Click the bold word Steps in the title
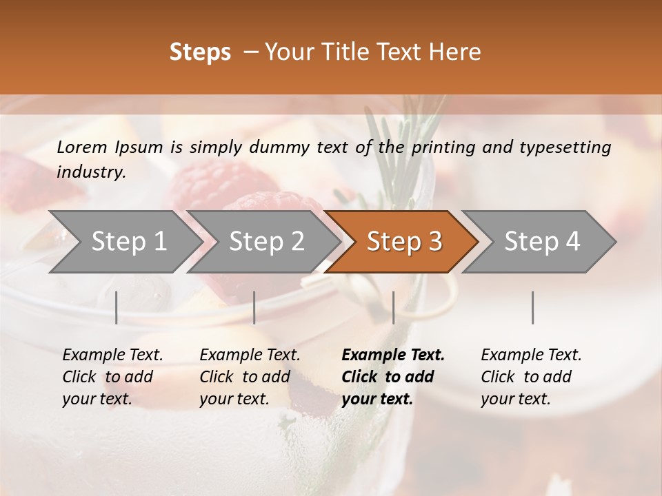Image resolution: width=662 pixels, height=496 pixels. [200, 52]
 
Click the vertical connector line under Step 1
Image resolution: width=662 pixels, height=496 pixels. [117, 307]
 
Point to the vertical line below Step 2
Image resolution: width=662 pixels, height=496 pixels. [254, 307]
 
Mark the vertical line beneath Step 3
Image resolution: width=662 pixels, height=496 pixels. [394, 307]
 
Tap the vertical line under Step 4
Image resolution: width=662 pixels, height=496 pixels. [533, 307]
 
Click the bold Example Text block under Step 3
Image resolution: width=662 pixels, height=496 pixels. [393, 377]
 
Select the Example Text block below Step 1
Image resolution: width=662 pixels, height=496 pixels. [112, 377]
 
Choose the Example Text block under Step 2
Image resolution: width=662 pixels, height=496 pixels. [250, 377]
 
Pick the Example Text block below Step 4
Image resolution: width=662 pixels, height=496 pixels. [531, 377]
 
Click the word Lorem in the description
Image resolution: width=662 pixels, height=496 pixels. [82, 147]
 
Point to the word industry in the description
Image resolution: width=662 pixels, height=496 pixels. [91, 172]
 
